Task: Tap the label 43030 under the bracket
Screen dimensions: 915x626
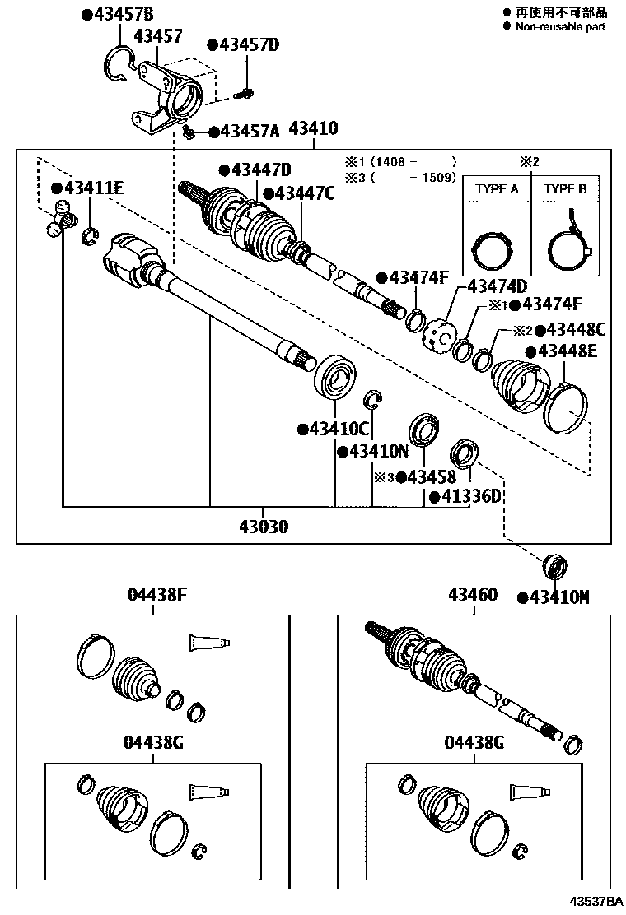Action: [264, 527]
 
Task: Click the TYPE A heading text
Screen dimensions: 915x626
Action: [497, 188]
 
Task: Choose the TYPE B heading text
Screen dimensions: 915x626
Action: [564, 188]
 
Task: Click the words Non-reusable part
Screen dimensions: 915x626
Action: [560, 26]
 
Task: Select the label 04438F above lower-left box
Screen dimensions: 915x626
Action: [155, 594]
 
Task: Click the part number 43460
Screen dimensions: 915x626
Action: [473, 594]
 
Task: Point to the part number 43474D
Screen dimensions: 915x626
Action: [497, 286]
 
